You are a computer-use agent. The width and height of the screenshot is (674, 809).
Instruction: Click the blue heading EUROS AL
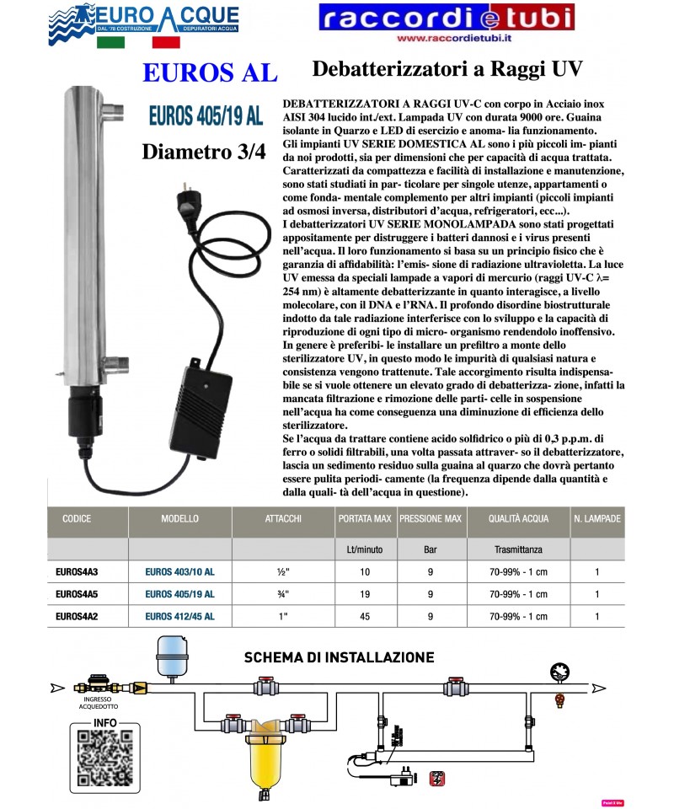(x=210, y=73)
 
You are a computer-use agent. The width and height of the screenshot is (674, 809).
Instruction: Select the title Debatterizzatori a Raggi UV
(x=447, y=67)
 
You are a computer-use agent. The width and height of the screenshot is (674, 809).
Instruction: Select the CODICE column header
(x=77, y=519)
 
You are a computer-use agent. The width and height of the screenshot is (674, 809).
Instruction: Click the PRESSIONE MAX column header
(x=430, y=519)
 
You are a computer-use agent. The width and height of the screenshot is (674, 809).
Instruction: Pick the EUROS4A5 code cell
(x=77, y=593)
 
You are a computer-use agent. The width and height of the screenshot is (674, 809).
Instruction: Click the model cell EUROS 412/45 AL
(x=179, y=616)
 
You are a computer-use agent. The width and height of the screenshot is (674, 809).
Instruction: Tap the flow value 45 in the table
(x=365, y=616)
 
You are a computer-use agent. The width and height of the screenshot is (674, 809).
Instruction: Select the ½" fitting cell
(x=283, y=571)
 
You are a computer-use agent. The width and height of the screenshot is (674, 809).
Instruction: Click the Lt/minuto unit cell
(x=365, y=549)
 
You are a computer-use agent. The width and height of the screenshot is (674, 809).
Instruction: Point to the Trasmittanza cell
(x=517, y=549)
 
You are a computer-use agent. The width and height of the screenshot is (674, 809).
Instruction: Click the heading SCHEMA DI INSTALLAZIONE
(x=339, y=657)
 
